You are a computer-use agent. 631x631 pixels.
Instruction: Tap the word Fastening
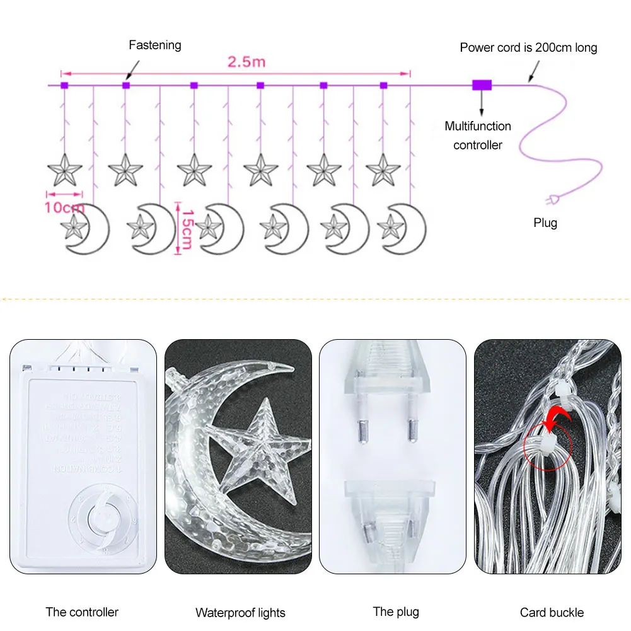pyautogui.click(x=154, y=45)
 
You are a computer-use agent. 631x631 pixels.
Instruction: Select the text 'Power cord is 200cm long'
pyautogui.click(x=528, y=47)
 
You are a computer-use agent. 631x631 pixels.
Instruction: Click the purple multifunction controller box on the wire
pyautogui.click(x=482, y=84)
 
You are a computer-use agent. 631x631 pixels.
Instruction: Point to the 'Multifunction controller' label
pyautogui.click(x=478, y=136)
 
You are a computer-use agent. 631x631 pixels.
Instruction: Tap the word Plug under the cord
pyautogui.click(x=545, y=223)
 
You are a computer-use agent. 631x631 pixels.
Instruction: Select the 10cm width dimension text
pyautogui.click(x=64, y=207)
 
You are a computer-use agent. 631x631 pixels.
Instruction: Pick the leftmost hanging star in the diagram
pyautogui.click(x=65, y=170)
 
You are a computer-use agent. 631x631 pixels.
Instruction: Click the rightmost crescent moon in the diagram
pyautogui.click(x=404, y=228)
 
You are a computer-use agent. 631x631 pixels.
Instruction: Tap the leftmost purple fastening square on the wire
pyautogui.click(x=64, y=85)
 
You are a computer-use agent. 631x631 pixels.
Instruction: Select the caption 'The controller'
pyautogui.click(x=82, y=612)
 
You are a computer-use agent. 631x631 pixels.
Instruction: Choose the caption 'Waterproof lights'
pyautogui.click(x=240, y=613)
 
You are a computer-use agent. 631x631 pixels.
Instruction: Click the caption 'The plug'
pyautogui.click(x=396, y=611)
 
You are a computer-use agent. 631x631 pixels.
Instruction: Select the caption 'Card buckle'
pyautogui.click(x=552, y=613)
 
